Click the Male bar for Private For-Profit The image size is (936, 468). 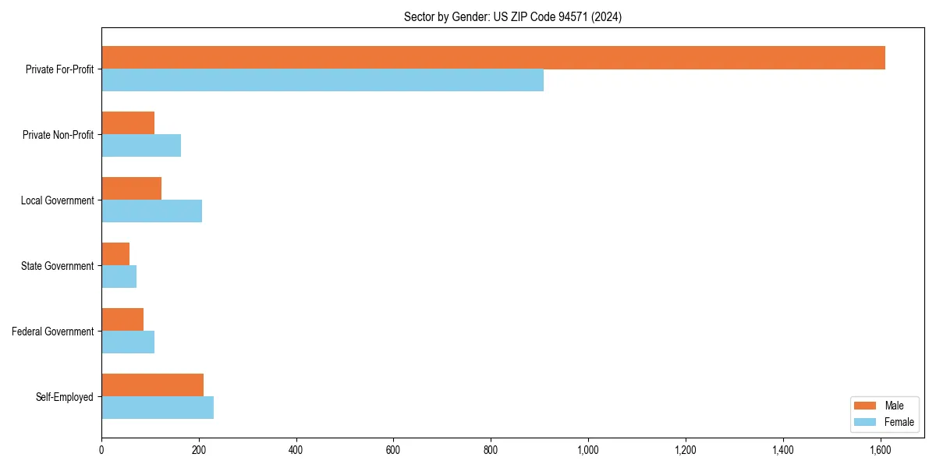[x=493, y=58]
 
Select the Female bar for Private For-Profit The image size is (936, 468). [x=322, y=80]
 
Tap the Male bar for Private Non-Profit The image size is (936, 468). [x=128, y=123]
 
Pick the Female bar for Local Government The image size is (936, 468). [x=151, y=211]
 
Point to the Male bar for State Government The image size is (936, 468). [x=115, y=254]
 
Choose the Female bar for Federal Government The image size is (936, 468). [x=128, y=342]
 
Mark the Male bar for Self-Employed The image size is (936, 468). [x=152, y=385]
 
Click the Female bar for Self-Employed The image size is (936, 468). [x=158, y=408]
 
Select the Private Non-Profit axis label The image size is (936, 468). [x=58, y=135]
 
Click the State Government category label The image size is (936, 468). [x=57, y=266]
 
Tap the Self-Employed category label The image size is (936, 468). [x=64, y=397]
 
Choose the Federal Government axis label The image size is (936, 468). [x=53, y=331]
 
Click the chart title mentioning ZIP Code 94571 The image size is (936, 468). [x=512, y=16]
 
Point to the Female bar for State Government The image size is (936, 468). [x=119, y=277]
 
